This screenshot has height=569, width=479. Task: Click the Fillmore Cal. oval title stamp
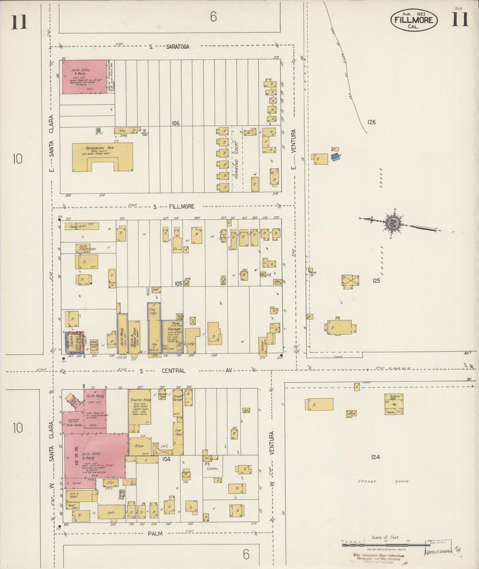[x=414, y=20]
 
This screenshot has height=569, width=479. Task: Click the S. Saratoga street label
[x=169, y=47]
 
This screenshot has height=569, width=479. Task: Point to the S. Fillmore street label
[x=172, y=206]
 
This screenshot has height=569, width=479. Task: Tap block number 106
[x=175, y=123]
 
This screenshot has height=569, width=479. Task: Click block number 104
[x=166, y=459]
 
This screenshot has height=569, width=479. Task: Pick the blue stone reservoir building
[x=336, y=158]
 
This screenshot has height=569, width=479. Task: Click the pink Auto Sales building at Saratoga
[x=85, y=77]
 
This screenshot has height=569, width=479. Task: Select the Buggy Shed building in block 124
[x=394, y=404]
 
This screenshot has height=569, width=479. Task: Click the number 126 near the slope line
[x=371, y=122]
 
